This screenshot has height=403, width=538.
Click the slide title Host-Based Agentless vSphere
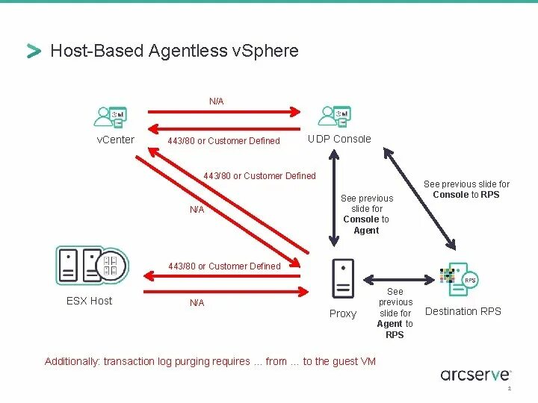(x=173, y=51)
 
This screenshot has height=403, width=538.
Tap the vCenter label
(x=116, y=140)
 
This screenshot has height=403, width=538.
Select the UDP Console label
(x=339, y=139)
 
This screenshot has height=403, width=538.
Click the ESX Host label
(x=90, y=301)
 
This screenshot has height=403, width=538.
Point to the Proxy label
(x=343, y=313)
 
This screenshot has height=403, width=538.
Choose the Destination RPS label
(x=463, y=311)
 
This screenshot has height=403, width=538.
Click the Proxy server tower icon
(x=342, y=278)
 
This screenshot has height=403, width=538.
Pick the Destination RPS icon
(x=457, y=278)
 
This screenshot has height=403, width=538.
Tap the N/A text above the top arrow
(x=217, y=101)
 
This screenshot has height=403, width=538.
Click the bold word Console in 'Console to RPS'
(x=451, y=195)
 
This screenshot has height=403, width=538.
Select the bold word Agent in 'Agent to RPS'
(x=389, y=324)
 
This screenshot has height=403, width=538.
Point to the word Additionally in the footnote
(x=72, y=361)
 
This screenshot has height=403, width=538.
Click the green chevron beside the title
(x=34, y=51)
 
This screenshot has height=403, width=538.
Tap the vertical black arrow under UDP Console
(x=335, y=198)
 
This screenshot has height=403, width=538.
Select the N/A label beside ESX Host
(x=197, y=302)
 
